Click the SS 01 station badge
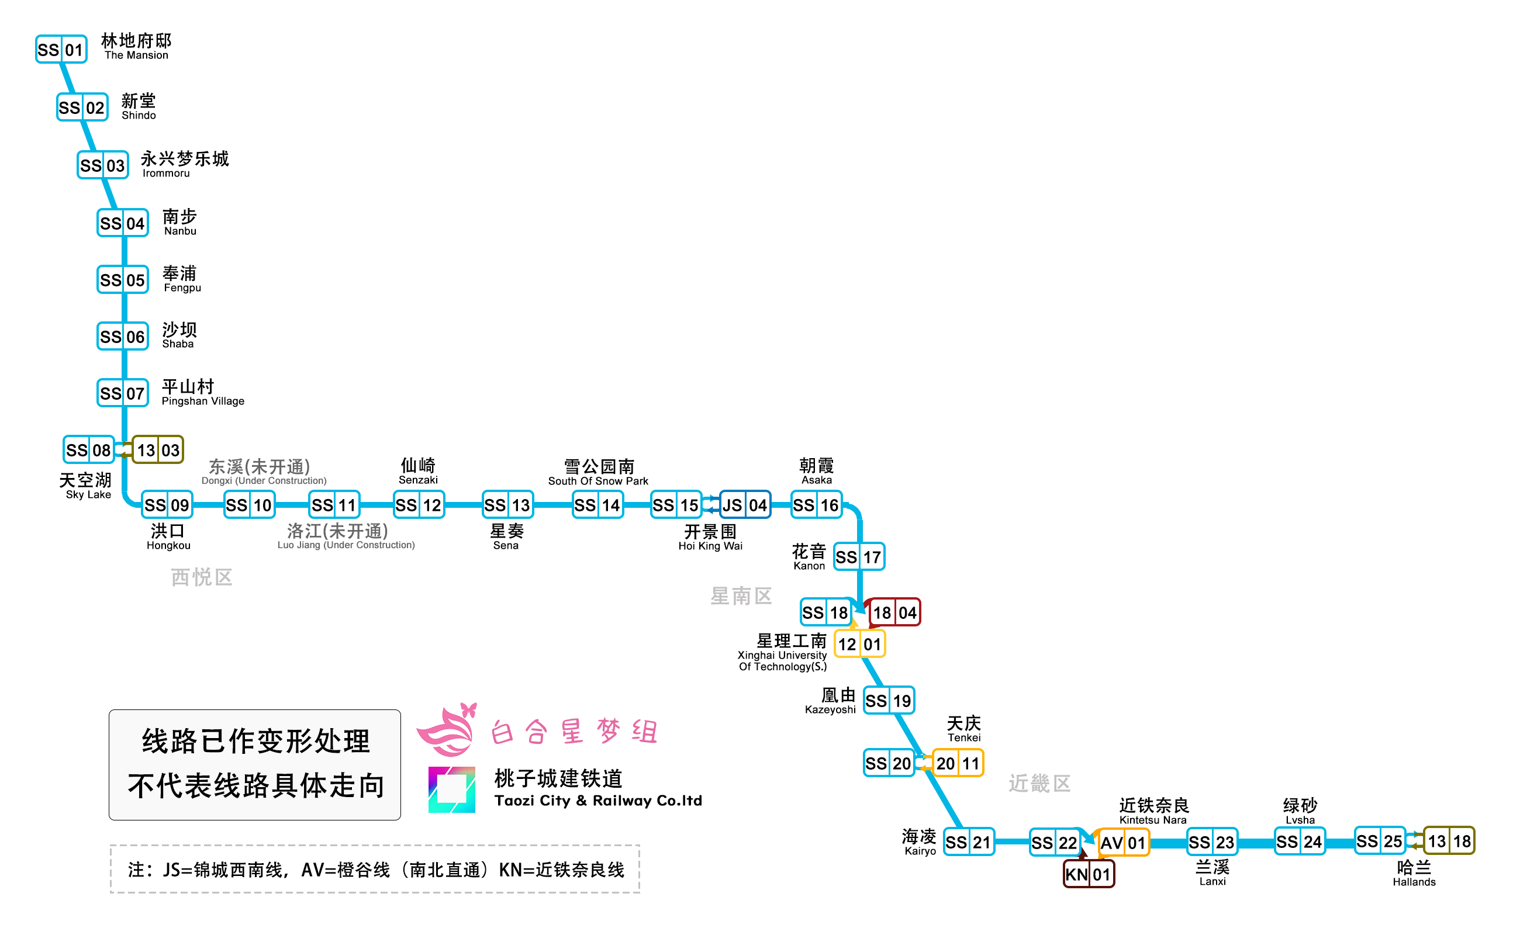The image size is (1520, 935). coord(61,50)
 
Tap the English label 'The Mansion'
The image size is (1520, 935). coord(136,55)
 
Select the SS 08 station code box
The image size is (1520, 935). coord(88,449)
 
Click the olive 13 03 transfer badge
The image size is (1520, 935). coord(158,449)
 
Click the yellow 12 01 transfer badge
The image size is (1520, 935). coord(859,644)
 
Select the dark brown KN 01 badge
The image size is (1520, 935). coord(1088,874)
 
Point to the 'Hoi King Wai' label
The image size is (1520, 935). coord(710,546)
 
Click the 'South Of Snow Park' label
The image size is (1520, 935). coord(597,481)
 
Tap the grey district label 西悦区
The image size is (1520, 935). coord(202,577)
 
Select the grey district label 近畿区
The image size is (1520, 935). coord(1039,783)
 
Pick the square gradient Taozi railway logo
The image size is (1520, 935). coord(451,789)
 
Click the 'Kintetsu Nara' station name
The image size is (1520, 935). coord(1152,820)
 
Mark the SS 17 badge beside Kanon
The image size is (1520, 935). coord(859,556)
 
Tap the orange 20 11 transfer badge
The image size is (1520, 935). coord(957,763)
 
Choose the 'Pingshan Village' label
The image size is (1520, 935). coord(203,401)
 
